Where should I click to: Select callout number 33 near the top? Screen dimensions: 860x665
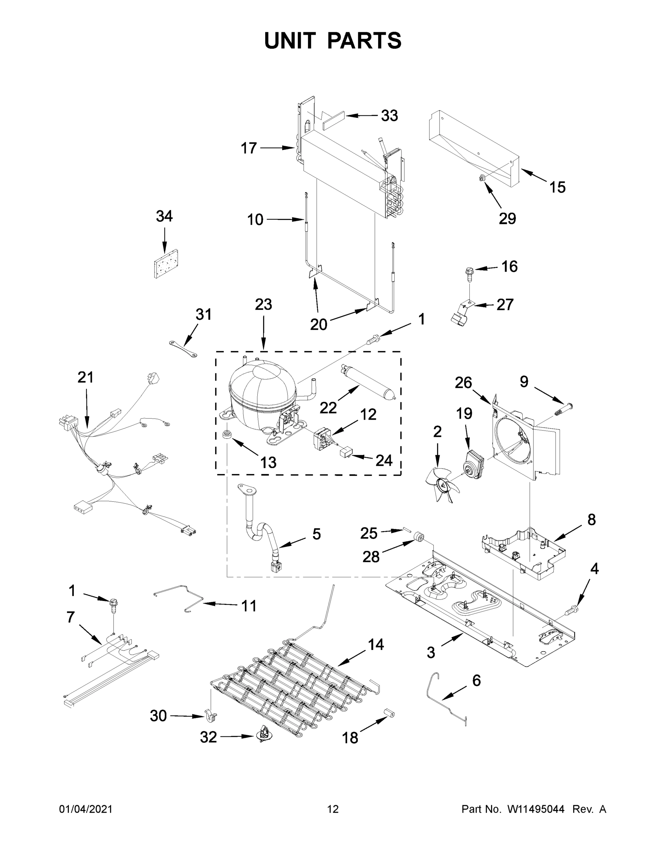tap(389, 116)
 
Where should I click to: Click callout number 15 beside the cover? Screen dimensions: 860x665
tap(557, 187)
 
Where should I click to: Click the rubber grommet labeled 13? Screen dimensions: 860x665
tap(227, 435)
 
